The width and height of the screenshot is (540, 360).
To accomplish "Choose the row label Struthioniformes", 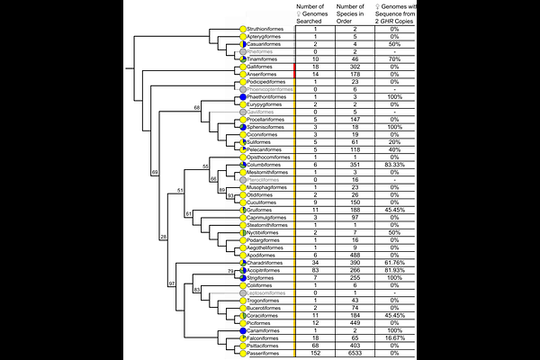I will [268, 30].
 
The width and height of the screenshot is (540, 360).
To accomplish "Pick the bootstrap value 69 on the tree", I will [155, 171].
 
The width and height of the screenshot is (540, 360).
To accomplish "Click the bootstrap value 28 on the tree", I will [164, 237].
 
